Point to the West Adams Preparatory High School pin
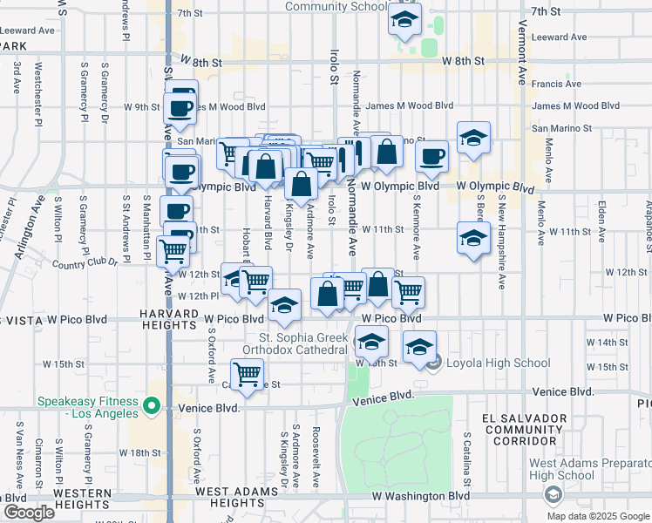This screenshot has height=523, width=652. coord(552,495)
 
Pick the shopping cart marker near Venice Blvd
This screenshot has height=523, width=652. coord(248,374)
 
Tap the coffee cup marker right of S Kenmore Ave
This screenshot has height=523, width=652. coord(431,156)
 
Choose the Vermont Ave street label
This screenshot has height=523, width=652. coord(522,48)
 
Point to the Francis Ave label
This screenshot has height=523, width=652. coord(556,84)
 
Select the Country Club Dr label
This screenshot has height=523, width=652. coord(84,262)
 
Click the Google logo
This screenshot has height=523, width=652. coord(28,512)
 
